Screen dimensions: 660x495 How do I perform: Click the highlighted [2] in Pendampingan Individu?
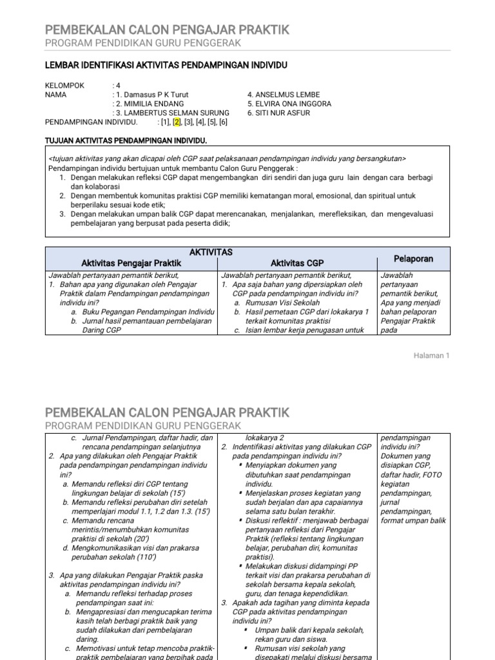177,122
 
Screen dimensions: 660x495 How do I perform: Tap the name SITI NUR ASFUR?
278,113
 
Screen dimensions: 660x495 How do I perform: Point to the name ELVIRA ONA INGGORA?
289,103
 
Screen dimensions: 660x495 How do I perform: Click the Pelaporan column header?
413,258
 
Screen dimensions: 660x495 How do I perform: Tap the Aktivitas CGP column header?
297,263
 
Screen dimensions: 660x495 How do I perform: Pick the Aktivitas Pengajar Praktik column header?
131,263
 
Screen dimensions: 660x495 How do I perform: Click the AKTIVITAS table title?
212,252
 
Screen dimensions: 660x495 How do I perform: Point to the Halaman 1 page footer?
431,356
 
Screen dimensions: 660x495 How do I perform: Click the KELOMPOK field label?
65,85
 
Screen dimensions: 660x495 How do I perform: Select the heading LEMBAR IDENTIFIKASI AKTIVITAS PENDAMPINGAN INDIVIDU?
166,65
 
